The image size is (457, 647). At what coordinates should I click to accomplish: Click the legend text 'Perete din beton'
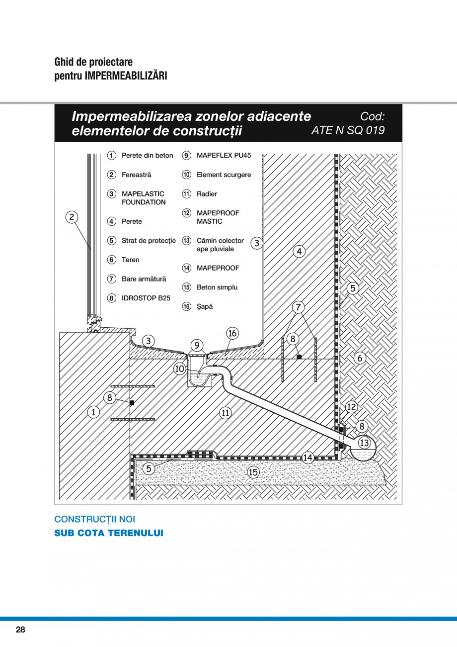tap(147, 156)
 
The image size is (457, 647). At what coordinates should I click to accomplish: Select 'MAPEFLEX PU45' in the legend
tap(224, 156)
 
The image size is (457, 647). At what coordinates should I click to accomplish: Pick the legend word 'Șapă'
tap(204, 307)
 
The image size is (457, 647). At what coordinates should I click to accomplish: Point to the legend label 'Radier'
tap(207, 194)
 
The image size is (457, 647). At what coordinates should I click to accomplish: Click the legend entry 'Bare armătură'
tap(144, 279)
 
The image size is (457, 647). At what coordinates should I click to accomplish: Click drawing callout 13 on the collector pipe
tap(364, 443)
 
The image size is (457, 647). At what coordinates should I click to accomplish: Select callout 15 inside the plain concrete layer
tap(253, 472)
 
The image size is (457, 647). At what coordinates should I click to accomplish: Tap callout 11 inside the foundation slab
tap(225, 413)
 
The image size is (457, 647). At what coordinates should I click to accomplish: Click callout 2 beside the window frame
tap(72, 217)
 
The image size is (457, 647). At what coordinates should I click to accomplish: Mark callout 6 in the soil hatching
tap(361, 358)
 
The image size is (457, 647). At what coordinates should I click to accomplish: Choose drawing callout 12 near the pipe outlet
tap(351, 407)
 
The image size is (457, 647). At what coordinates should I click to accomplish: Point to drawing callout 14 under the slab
tap(308, 458)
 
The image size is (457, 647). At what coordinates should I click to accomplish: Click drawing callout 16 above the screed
tap(232, 333)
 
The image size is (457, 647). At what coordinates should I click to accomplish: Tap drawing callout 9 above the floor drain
tap(197, 345)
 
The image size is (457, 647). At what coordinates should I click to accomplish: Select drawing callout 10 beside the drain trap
tap(180, 369)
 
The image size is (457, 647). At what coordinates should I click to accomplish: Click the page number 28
tap(20, 630)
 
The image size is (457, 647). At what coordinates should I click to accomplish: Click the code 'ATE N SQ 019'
tap(348, 130)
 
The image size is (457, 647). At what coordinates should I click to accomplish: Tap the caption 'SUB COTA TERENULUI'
tap(108, 533)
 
